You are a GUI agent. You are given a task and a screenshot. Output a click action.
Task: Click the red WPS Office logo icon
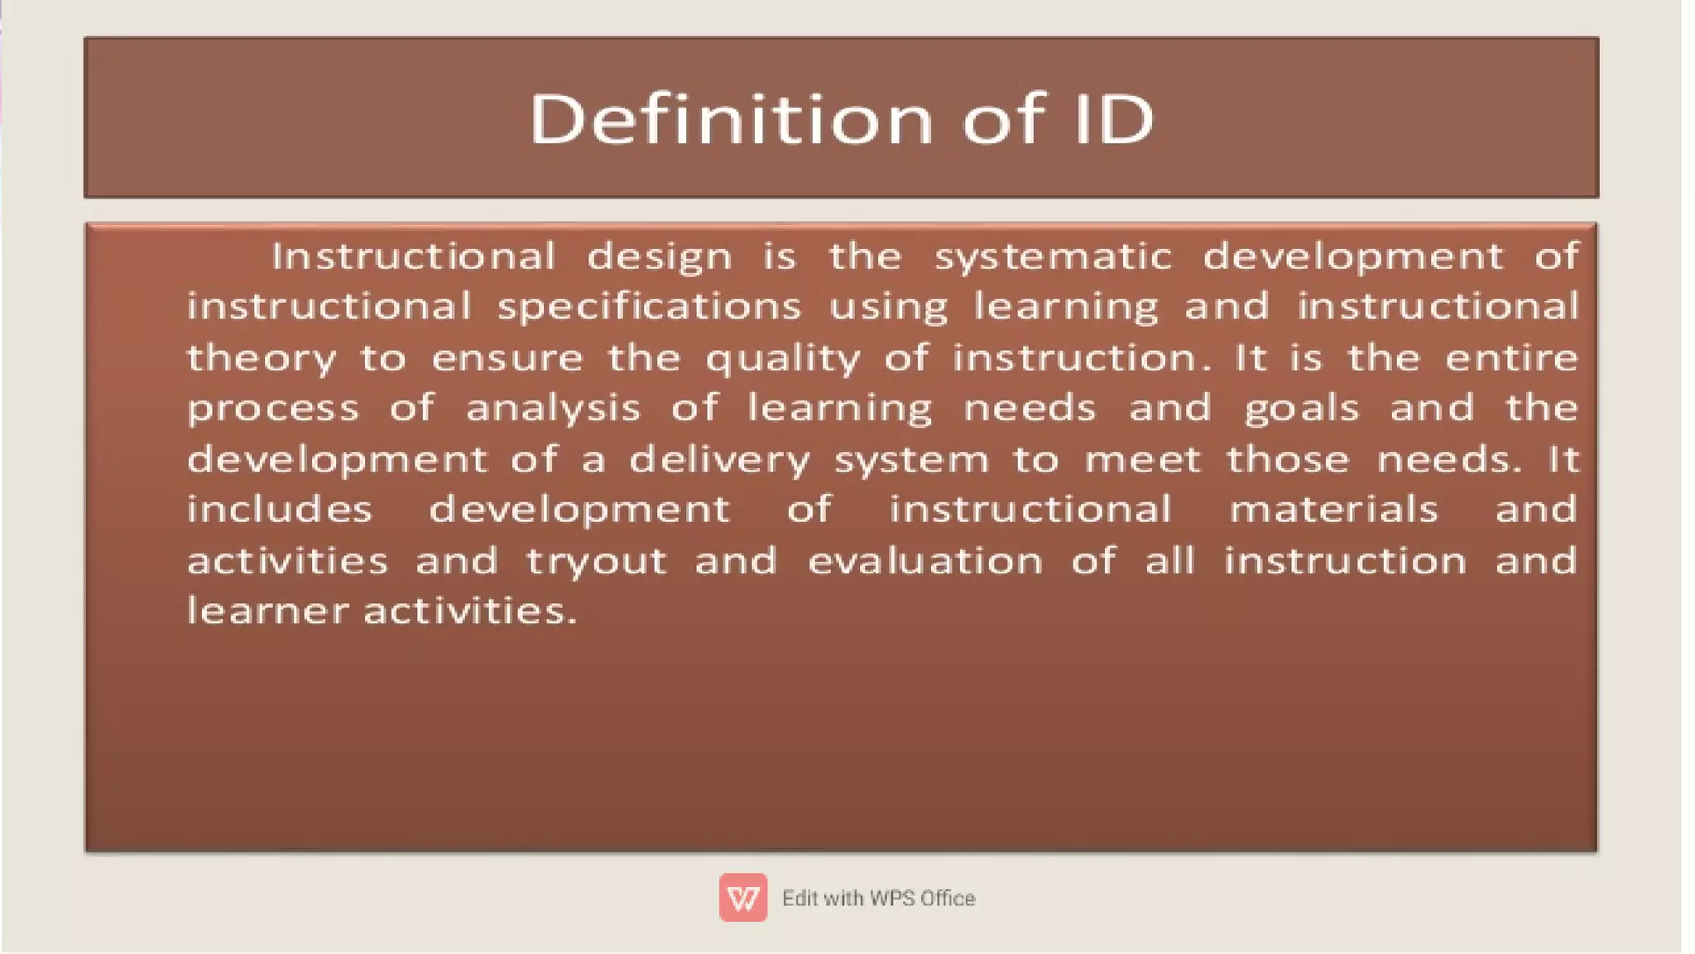click(x=742, y=897)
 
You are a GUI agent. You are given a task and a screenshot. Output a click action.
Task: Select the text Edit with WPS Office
click(x=878, y=898)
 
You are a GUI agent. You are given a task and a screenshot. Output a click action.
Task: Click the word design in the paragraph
click(x=660, y=257)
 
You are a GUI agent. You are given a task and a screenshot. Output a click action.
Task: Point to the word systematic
click(x=1053, y=257)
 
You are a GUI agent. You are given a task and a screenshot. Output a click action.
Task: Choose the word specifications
click(x=650, y=308)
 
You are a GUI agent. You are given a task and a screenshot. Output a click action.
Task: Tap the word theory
click(x=262, y=359)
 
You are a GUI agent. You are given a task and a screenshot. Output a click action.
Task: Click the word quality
click(x=782, y=359)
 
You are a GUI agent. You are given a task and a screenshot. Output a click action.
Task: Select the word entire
click(x=1511, y=358)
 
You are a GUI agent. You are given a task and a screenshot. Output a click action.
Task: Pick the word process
click(x=273, y=410)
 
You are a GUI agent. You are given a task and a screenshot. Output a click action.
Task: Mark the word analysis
click(x=553, y=409)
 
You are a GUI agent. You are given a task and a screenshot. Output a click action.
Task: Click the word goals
click(x=1301, y=410)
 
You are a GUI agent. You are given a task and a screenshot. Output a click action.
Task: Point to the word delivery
click(x=719, y=460)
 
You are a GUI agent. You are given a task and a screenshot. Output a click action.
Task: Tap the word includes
click(x=280, y=510)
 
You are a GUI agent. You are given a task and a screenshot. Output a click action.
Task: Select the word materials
click(x=1333, y=510)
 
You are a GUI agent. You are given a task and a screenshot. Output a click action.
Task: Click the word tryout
click(x=596, y=562)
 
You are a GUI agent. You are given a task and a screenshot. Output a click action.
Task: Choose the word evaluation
click(x=924, y=561)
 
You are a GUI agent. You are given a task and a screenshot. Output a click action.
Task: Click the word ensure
click(x=507, y=359)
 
